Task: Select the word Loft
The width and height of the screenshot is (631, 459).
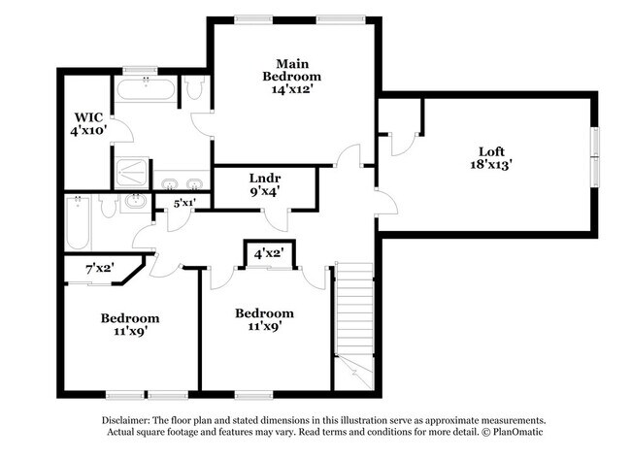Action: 492,150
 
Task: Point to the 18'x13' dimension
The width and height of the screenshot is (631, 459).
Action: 492,165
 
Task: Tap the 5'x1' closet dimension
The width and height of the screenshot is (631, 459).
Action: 184,203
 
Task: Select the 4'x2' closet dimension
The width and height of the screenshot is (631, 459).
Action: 268,253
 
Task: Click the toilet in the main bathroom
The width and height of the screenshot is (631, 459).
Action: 193,90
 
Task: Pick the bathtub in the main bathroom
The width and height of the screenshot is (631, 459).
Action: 147,91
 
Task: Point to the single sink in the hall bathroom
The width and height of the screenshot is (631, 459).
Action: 135,203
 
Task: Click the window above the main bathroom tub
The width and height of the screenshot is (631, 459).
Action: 141,70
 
